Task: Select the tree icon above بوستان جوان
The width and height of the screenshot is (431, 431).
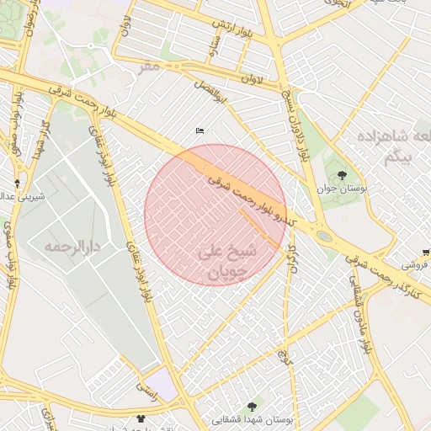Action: coord(341,175)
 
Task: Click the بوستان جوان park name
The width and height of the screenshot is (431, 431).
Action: coord(353,191)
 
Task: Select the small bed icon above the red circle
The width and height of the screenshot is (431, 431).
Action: coord(200,131)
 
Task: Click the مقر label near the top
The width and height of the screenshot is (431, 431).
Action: coord(149,66)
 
